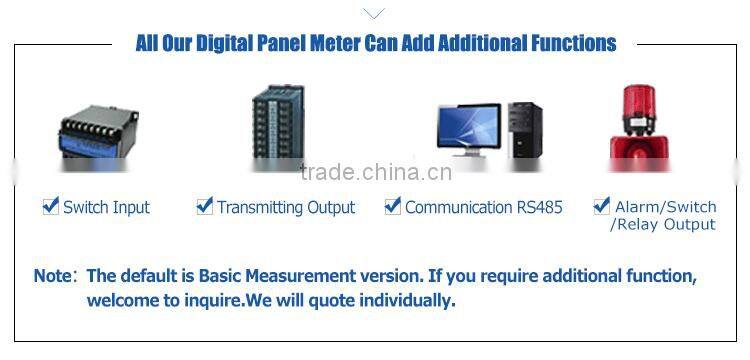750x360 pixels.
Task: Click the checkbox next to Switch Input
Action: pyautogui.click(x=51, y=206)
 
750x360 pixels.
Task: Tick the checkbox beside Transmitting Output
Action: pyautogui.click(x=205, y=206)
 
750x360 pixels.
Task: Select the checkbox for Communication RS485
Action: pyautogui.click(x=393, y=206)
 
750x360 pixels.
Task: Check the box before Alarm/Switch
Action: pyautogui.click(x=602, y=206)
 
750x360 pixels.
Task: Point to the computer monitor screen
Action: pyautogui.click(x=467, y=128)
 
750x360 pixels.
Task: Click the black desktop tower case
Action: pyautogui.click(x=524, y=130)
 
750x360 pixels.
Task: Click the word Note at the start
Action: pyautogui.click(x=52, y=275)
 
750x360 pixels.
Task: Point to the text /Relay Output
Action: pyautogui.click(x=663, y=225)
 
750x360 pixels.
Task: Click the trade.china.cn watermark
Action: pyautogui.click(x=376, y=172)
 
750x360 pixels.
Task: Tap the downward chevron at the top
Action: pyautogui.click(x=373, y=13)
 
